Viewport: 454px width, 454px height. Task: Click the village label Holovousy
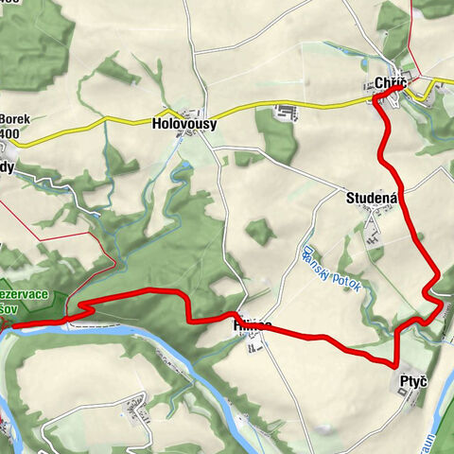(184, 123)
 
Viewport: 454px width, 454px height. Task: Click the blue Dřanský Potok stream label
(336, 274)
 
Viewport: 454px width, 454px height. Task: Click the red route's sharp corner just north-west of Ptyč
(394, 364)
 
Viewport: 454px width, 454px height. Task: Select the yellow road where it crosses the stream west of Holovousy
(111, 121)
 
